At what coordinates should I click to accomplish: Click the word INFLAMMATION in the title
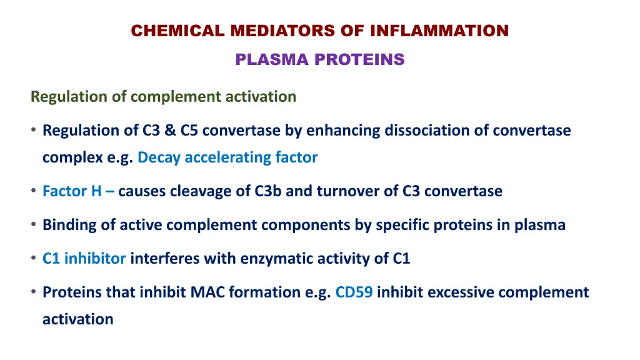(x=439, y=31)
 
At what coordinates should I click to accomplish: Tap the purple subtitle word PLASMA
(x=272, y=60)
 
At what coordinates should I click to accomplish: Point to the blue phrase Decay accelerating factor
(x=227, y=157)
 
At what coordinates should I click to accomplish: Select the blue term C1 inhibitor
(x=84, y=259)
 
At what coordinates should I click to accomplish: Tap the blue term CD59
(x=354, y=292)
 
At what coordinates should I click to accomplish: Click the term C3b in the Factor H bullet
(x=268, y=191)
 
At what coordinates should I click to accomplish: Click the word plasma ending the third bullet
(x=539, y=225)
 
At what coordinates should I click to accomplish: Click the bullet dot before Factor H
(x=32, y=192)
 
